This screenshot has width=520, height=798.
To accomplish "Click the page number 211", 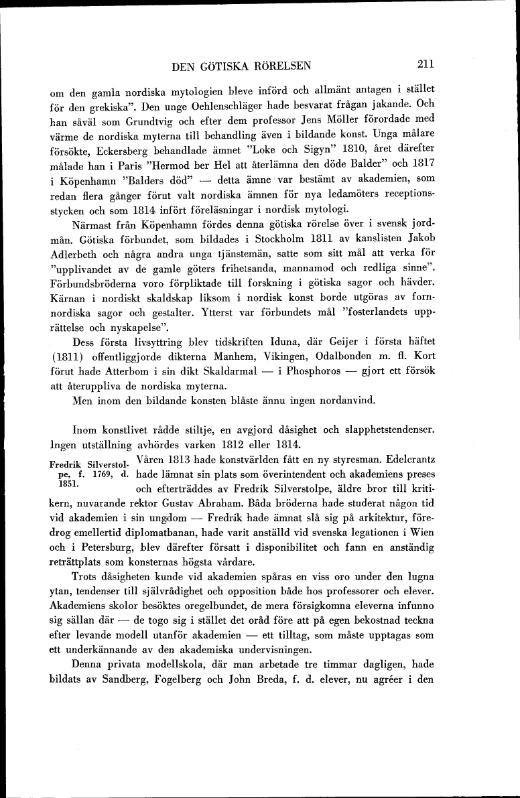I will [x=426, y=65].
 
